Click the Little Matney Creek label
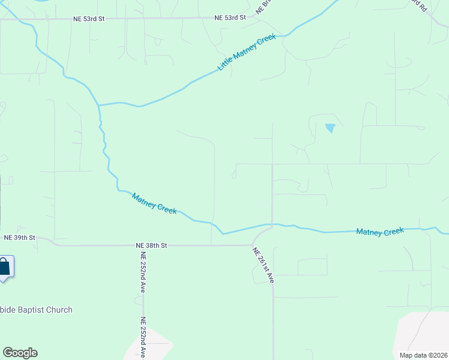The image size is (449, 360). pyautogui.click(x=247, y=52)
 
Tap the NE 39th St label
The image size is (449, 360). pyautogui.click(x=20, y=238)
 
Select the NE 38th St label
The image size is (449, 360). pyautogui.click(x=151, y=245)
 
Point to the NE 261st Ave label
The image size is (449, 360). pyautogui.click(x=263, y=265)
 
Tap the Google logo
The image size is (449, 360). pyautogui.click(x=20, y=353)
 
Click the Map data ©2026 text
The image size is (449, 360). pyautogui.click(x=423, y=355)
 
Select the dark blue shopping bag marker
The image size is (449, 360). pyautogui.click(x=4, y=267)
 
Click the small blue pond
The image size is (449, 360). pyautogui.click(x=330, y=128)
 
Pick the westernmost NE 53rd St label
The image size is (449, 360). pyautogui.click(x=89, y=19)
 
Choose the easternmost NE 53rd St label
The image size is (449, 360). pyautogui.click(x=231, y=18)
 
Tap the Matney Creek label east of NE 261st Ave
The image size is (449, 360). pyautogui.click(x=380, y=232)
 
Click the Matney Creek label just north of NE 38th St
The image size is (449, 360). pyautogui.click(x=154, y=204)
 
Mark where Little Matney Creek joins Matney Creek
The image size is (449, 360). pyautogui.click(x=98, y=105)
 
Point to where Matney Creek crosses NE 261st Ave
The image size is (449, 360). pyautogui.click(x=272, y=226)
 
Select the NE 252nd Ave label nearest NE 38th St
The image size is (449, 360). pyautogui.click(x=143, y=272)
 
